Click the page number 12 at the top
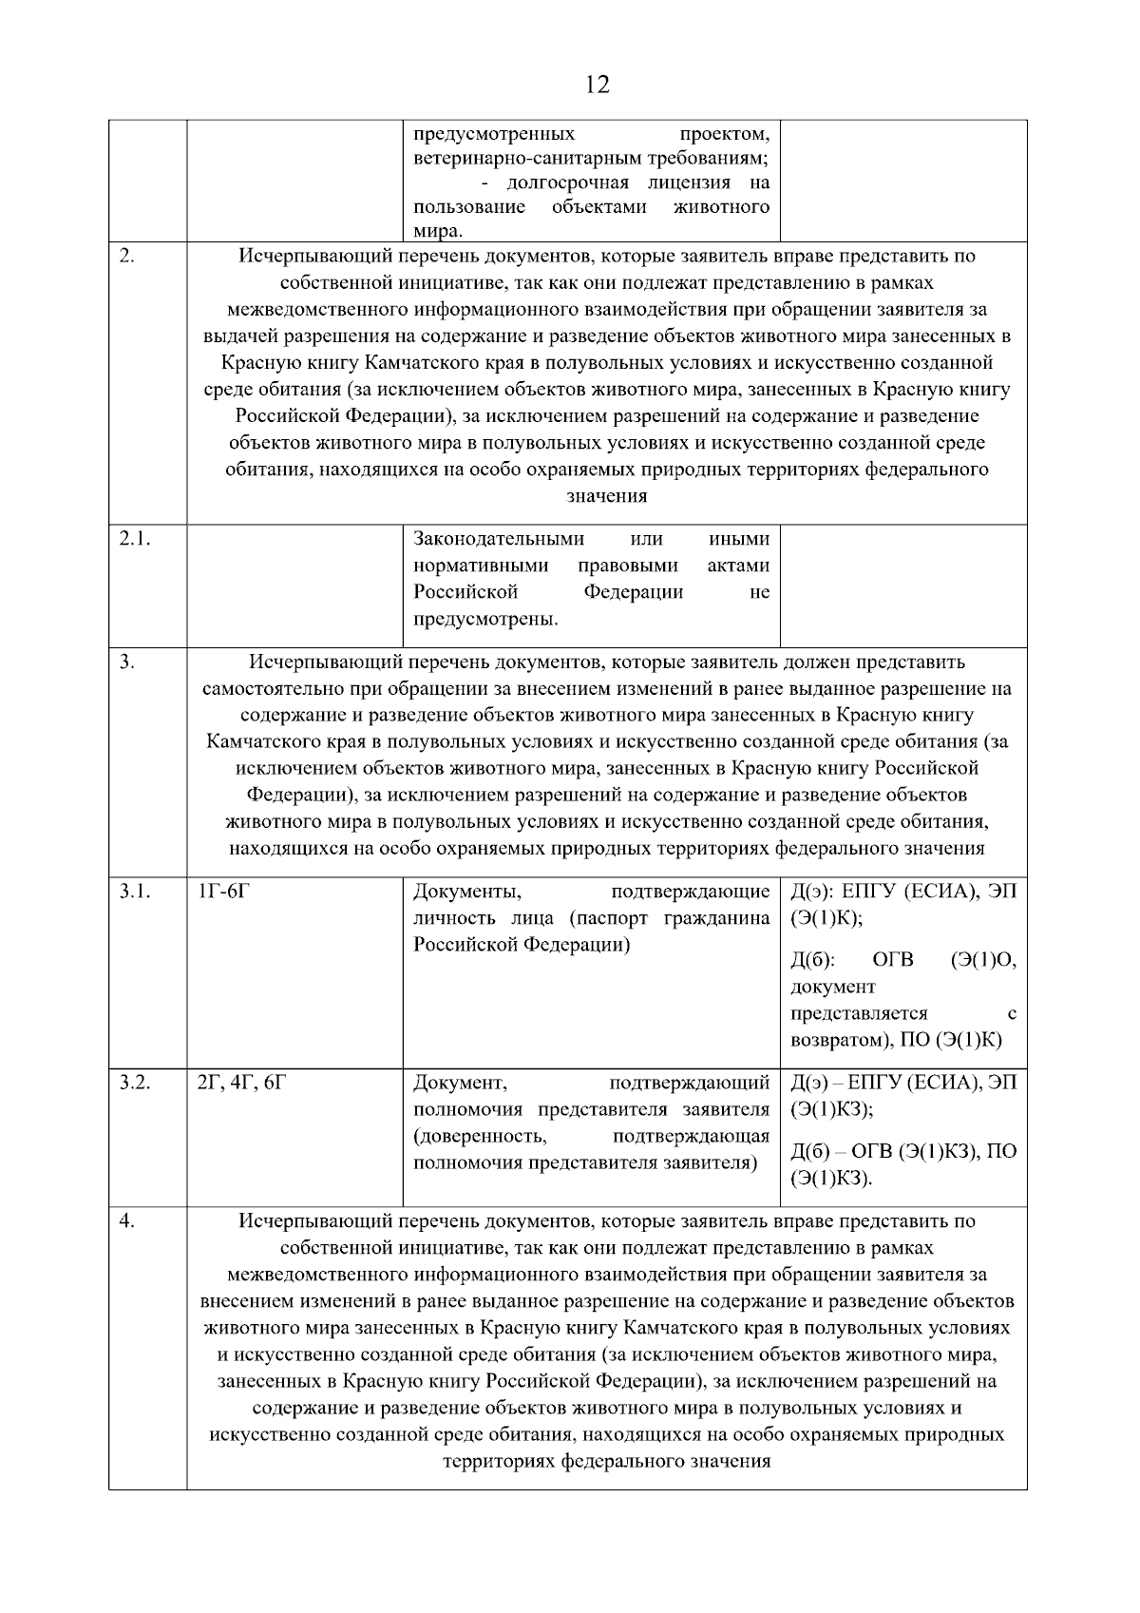pos(598,86)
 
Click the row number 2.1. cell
pos(136,539)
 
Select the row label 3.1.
pos(136,892)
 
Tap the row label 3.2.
pos(136,1082)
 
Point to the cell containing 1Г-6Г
pos(223,892)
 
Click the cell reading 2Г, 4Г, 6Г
pos(240,1082)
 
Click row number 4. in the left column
pos(127,1220)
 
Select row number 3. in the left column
pos(127,662)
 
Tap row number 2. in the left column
pos(127,256)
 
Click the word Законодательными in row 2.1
pos(499,539)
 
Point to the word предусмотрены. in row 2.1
pos(485,620)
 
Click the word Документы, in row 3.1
pos(466,892)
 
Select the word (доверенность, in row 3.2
pos(480,1136)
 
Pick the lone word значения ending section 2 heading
pos(607,495)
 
